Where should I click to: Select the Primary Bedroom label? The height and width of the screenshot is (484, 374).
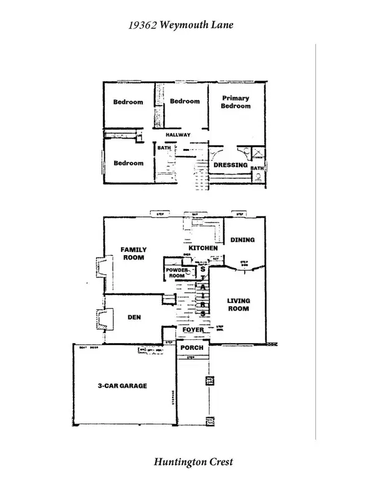point(235,102)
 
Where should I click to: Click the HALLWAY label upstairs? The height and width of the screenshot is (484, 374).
point(178,135)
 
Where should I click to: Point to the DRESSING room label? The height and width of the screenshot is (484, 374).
point(231,165)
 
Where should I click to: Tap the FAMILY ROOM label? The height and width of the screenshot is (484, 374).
point(133,253)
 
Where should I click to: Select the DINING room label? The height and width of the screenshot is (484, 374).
point(242,240)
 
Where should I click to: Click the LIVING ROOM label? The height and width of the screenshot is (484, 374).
point(237,304)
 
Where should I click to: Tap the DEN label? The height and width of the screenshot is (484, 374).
point(134,317)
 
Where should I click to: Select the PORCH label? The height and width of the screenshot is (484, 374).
point(192,347)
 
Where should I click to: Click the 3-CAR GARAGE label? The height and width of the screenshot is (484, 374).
point(122,386)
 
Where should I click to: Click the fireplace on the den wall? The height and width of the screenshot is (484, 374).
point(99,320)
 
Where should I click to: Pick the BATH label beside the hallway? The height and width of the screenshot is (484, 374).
point(164,148)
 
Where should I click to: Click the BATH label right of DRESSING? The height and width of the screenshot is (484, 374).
point(257,168)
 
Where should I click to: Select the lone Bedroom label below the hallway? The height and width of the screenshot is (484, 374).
point(128,163)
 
